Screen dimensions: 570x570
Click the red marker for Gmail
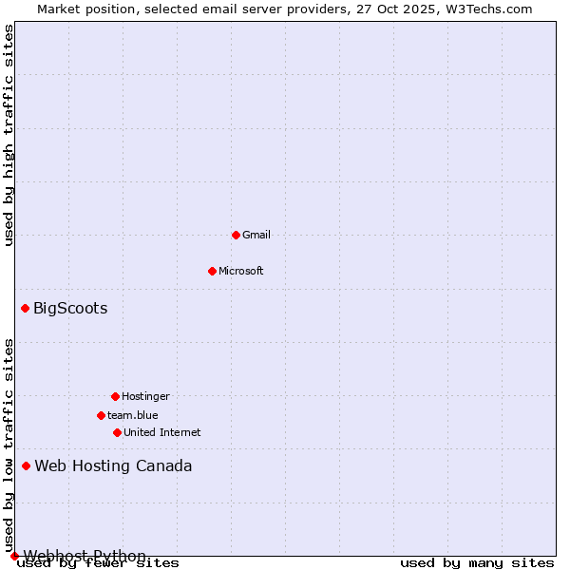[x=236, y=235]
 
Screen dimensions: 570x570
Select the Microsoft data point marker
[x=212, y=271]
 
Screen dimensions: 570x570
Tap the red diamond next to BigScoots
[x=26, y=308]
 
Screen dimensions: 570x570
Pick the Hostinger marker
[x=115, y=396]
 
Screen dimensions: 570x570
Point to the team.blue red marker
[x=101, y=415]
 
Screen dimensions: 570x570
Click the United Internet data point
[x=117, y=432]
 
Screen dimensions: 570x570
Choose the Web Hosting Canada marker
[x=27, y=465]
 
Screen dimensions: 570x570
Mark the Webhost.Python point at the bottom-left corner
[x=14, y=556]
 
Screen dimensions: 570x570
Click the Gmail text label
[x=256, y=235]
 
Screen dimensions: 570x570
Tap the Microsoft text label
[x=241, y=271]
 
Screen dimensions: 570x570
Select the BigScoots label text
[x=70, y=308]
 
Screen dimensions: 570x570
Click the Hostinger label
[x=145, y=396]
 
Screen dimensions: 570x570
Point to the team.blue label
[x=133, y=415]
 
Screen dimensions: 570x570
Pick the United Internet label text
[x=161, y=432]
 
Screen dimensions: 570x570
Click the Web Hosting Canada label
[x=113, y=465]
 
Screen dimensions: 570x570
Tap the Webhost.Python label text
[x=85, y=556]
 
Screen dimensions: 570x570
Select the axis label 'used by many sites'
[x=477, y=563]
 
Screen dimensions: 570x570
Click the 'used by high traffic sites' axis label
[x=9, y=135]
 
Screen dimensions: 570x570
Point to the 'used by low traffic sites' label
[x=9, y=439]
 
